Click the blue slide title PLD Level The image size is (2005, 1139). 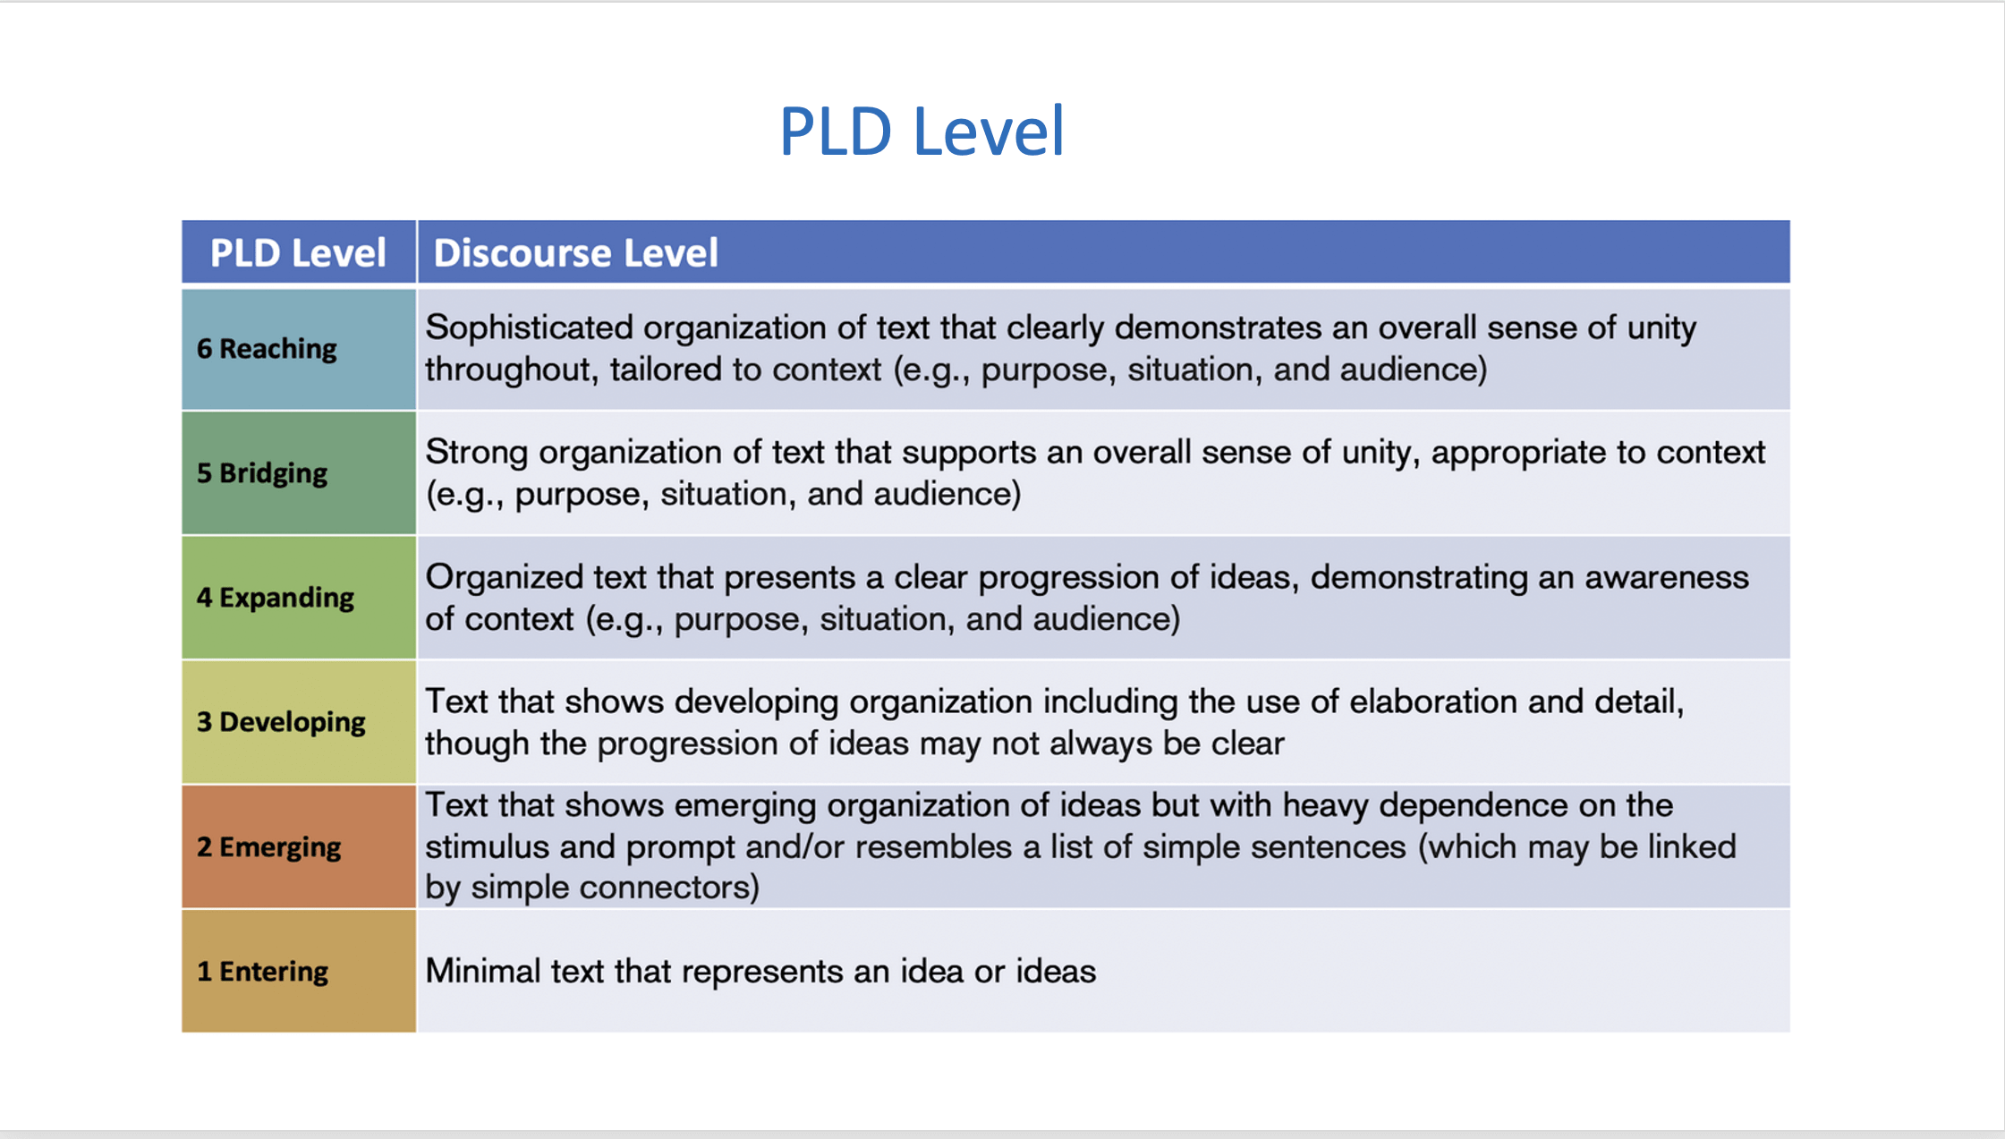pyautogui.click(x=922, y=132)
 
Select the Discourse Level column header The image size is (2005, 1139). pyautogui.click(x=575, y=253)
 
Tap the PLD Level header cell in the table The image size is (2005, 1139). pyautogui.click(x=298, y=253)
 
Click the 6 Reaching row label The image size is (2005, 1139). pyautogui.click(x=267, y=348)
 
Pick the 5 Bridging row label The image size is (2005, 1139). pyautogui.click(x=262, y=472)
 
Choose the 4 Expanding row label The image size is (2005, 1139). pyautogui.click(x=276, y=597)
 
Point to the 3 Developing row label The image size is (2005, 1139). pyautogui.click(x=281, y=721)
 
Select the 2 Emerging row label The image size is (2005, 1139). pyautogui.click(x=268, y=846)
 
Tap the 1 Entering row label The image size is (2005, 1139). pyautogui.click(x=262, y=971)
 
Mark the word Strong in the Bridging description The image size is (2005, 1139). pyautogui.click(x=477, y=452)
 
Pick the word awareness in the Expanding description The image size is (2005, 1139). pyautogui.click(x=1667, y=578)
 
